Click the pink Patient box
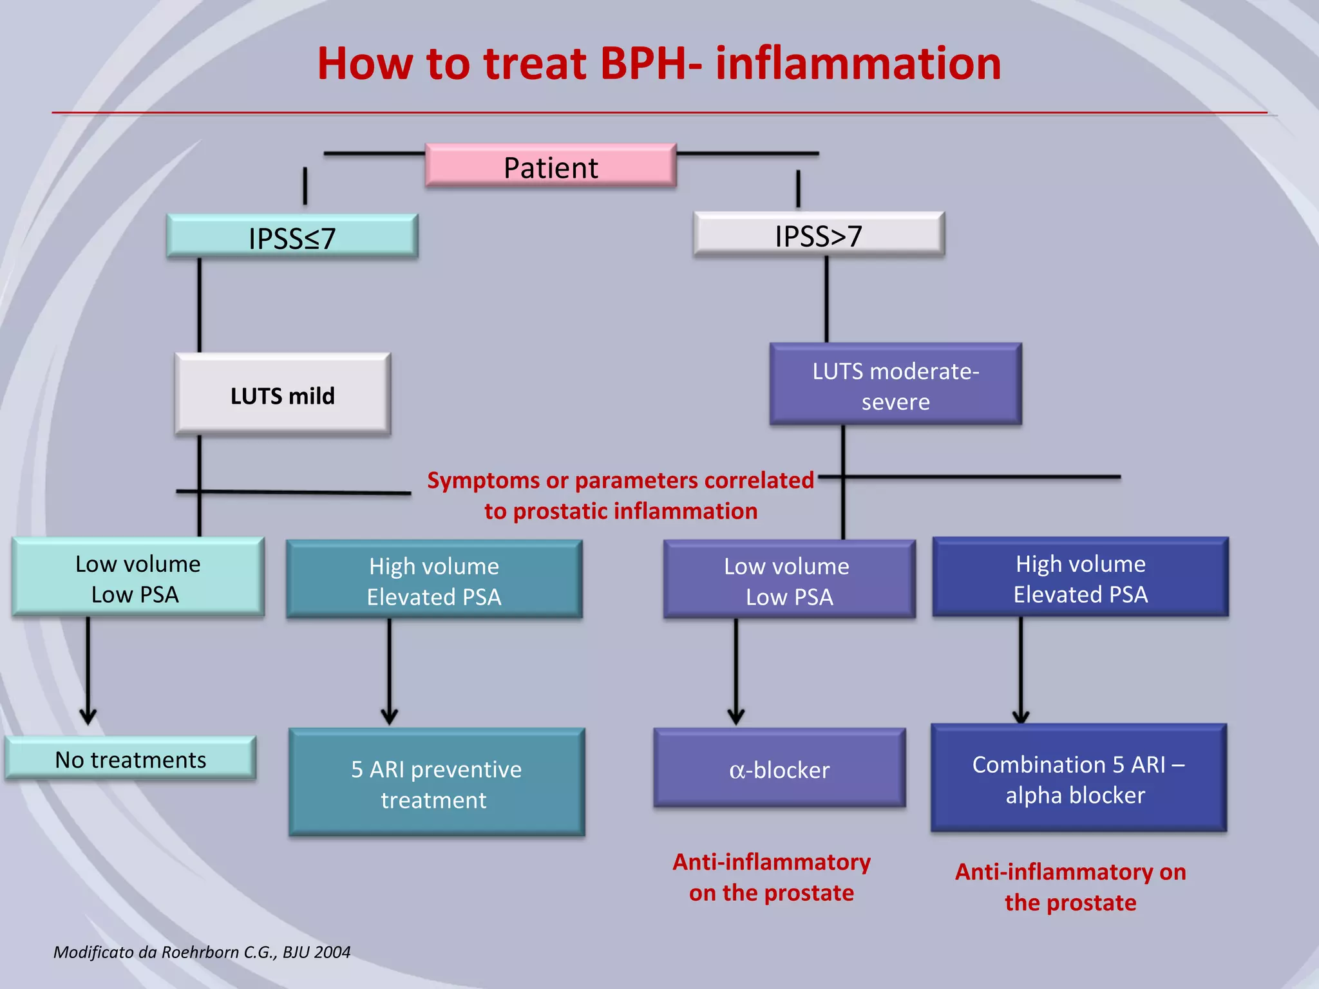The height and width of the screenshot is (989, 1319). point(551,166)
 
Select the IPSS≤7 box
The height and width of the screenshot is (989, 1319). point(292,237)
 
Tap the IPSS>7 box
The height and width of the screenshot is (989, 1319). point(819,235)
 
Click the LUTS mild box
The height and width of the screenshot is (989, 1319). point(282,395)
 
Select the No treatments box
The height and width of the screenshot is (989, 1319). point(130,759)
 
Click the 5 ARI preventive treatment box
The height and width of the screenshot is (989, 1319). point(436,783)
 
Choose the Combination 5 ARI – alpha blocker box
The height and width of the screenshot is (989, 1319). point(1078,778)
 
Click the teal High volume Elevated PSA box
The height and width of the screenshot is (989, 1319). point(434,580)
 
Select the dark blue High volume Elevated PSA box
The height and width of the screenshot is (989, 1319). point(1080,578)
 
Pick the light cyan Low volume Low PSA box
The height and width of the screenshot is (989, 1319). point(137,578)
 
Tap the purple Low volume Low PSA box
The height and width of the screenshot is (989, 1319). point(789,580)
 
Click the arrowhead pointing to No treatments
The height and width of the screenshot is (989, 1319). point(88,716)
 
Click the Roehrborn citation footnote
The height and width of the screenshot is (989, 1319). point(202,952)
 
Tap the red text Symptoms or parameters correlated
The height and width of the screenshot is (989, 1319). point(620,481)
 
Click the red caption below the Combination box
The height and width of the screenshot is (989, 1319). point(1070,887)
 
